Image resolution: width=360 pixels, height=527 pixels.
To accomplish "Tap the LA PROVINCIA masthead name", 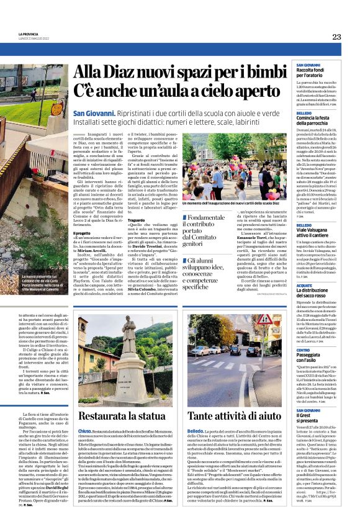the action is tap(29, 35).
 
